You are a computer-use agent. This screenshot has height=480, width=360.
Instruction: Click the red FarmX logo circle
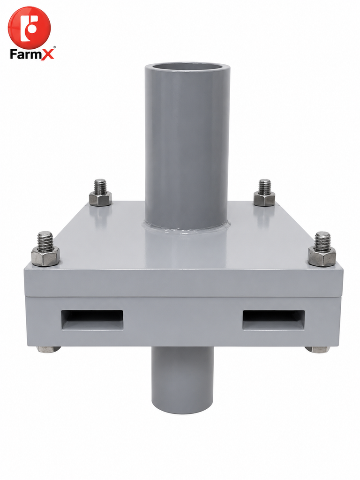click(30, 28)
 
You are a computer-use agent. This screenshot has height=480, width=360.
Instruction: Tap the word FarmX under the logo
click(32, 54)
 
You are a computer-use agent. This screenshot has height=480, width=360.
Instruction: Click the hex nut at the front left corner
click(45, 256)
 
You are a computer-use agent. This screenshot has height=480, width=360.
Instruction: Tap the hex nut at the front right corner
click(322, 256)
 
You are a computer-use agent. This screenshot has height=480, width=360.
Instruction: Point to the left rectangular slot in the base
click(92, 320)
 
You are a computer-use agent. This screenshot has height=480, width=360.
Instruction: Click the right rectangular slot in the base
click(274, 320)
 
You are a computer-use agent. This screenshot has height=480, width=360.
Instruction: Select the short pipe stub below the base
click(182, 380)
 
